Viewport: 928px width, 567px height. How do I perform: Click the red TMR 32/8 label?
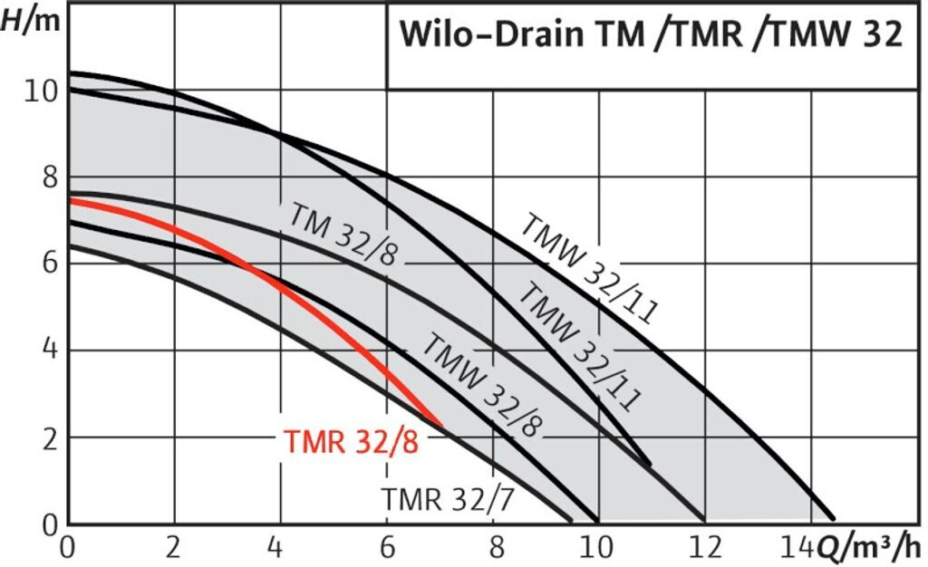[x=352, y=444]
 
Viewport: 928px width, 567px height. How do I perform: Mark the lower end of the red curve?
[x=440, y=424]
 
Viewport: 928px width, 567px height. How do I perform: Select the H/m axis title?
[x=31, y=20]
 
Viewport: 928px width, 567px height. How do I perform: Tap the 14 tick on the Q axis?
[x=798, y=547]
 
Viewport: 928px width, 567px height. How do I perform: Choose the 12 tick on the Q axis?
[x=705, y=547]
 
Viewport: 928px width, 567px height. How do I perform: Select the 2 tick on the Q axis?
[x=174, y=547]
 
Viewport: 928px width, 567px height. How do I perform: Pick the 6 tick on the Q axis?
[x=387, y=547]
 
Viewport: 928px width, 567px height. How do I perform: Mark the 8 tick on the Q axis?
[x=493, y=547]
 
